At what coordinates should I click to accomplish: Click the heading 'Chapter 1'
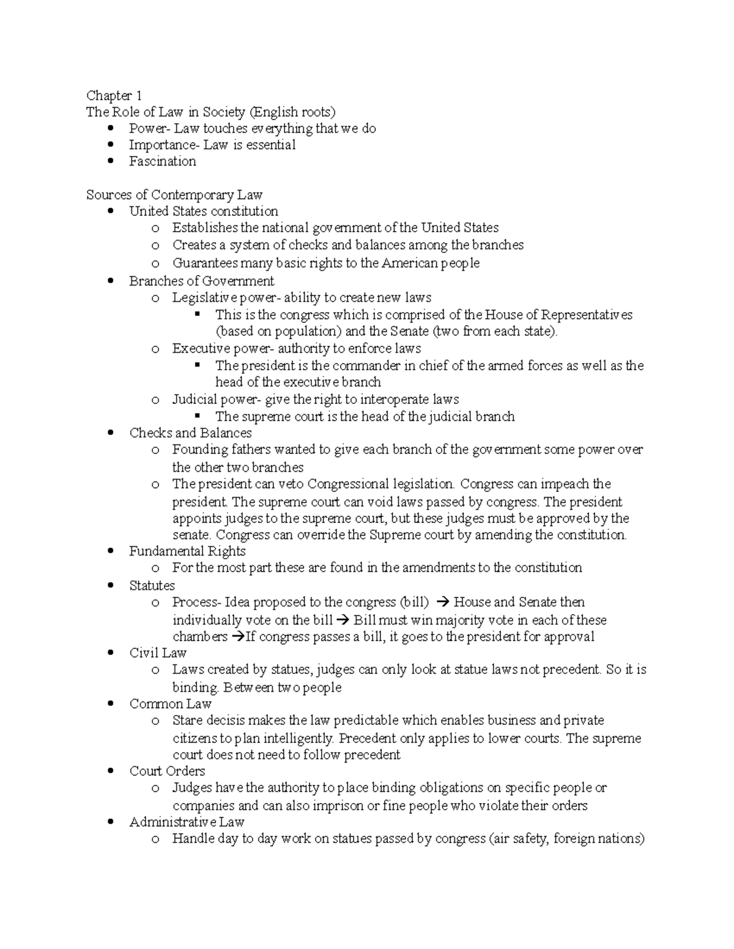(x=114, y=95)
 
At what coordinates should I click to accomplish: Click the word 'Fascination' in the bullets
(x=162, y=161)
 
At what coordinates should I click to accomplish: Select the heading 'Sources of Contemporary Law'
(x=174, y=195)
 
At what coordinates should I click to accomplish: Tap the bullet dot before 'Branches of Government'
(x=111, y=281)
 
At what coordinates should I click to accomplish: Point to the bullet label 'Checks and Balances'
(x=190, y=433)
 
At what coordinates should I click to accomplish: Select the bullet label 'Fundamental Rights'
(x=187, y=551)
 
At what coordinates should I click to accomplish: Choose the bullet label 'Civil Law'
(x=158, y=653)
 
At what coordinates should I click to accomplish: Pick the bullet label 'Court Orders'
(x=167, y=771)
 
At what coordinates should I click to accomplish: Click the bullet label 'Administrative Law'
(x=187, y=822)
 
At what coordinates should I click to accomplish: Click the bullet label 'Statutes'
(x=152, y=585)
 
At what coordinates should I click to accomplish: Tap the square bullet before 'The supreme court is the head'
(x=197, y=416)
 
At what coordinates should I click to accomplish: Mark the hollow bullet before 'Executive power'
(x=155, y=350)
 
